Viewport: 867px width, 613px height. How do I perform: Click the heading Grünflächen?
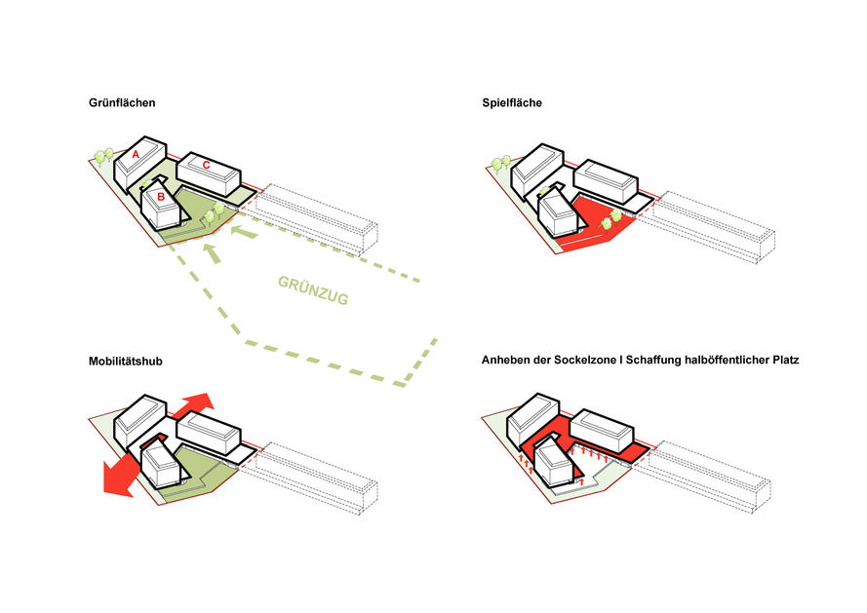pyautogui.click(x=122, y=102)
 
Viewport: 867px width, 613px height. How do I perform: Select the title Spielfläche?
pyautogui.click(x=513, y=102)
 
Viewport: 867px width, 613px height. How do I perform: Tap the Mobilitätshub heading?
pyautogui.click(x=125, y=361)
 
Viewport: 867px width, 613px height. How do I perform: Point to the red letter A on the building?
pyautogui.click(x=136, y=154)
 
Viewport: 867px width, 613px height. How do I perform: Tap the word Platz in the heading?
pyautogui.click(x=782, y=361)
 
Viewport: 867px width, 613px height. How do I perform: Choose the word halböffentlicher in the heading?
pyautogui.click(x=720, y=361)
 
